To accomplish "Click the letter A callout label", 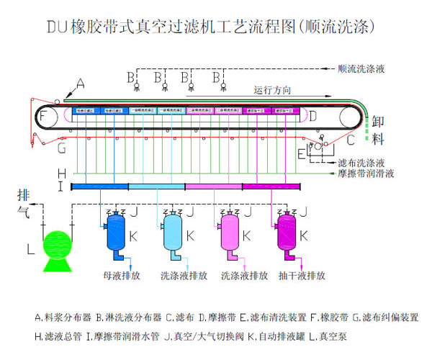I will pos(80,85).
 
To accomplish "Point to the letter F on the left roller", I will pos(45,117).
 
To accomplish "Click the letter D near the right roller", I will pos(312,116).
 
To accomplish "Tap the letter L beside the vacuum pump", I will pos(30,249).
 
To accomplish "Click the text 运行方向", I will pos(272,91).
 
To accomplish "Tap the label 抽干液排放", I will pos(302,275).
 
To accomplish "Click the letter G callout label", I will pos(62,148).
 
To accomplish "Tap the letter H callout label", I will pos(62,173).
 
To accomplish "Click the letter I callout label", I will pos(62,186).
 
